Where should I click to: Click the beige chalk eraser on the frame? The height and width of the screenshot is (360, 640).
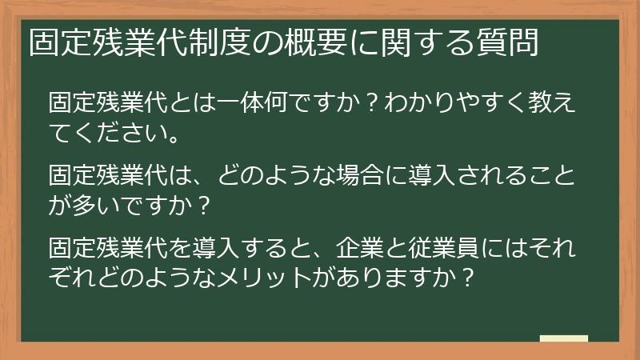pos(564,339)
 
